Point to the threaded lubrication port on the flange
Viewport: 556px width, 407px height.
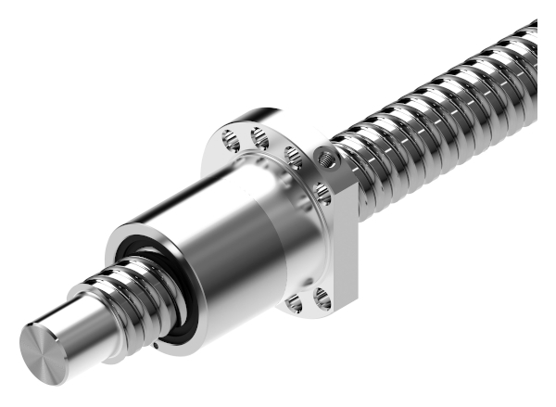click(x=327, y=159)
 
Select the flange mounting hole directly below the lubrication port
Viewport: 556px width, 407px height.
click(x=322, y=193)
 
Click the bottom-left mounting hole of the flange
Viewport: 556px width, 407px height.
click(x=295, y=301)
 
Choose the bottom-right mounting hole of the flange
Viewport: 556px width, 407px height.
click(x=322, y=299)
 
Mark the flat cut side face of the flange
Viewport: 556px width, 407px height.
click(x=347, y=241)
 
